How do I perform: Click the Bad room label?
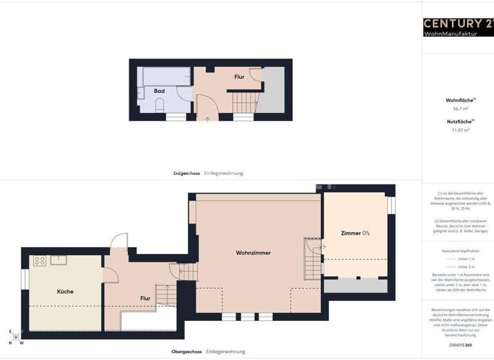coord(159,91)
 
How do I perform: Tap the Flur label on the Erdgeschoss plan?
coord(239,77)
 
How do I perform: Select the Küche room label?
coord(65,291)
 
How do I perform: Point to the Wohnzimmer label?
coord(253,253)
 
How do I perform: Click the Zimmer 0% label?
coord(356,233)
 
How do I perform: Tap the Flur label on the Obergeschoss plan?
coord(145,298)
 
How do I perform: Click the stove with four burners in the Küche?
coord(40,260)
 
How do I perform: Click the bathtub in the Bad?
coord(166,77)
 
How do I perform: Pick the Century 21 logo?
coord(458,24)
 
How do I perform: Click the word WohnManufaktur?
coord(450,33)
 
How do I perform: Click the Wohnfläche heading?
coord(460,100)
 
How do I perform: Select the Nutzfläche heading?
coord(460,121)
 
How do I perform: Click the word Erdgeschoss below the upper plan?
coord(187,173)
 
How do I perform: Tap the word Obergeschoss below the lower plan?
coord(187,352)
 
